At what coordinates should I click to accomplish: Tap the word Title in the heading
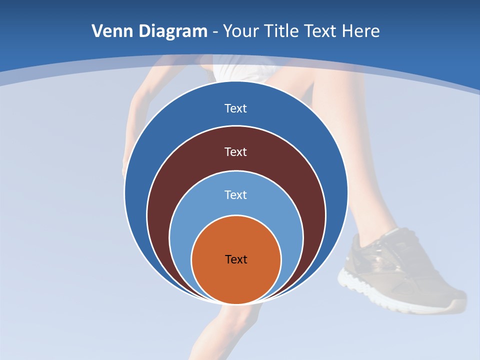285,31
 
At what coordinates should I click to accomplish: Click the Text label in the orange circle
236,259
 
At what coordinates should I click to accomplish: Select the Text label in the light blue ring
236,195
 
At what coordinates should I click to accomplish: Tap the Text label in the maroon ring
236,152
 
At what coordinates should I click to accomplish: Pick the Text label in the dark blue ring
236,108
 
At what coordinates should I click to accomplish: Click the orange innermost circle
236,280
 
